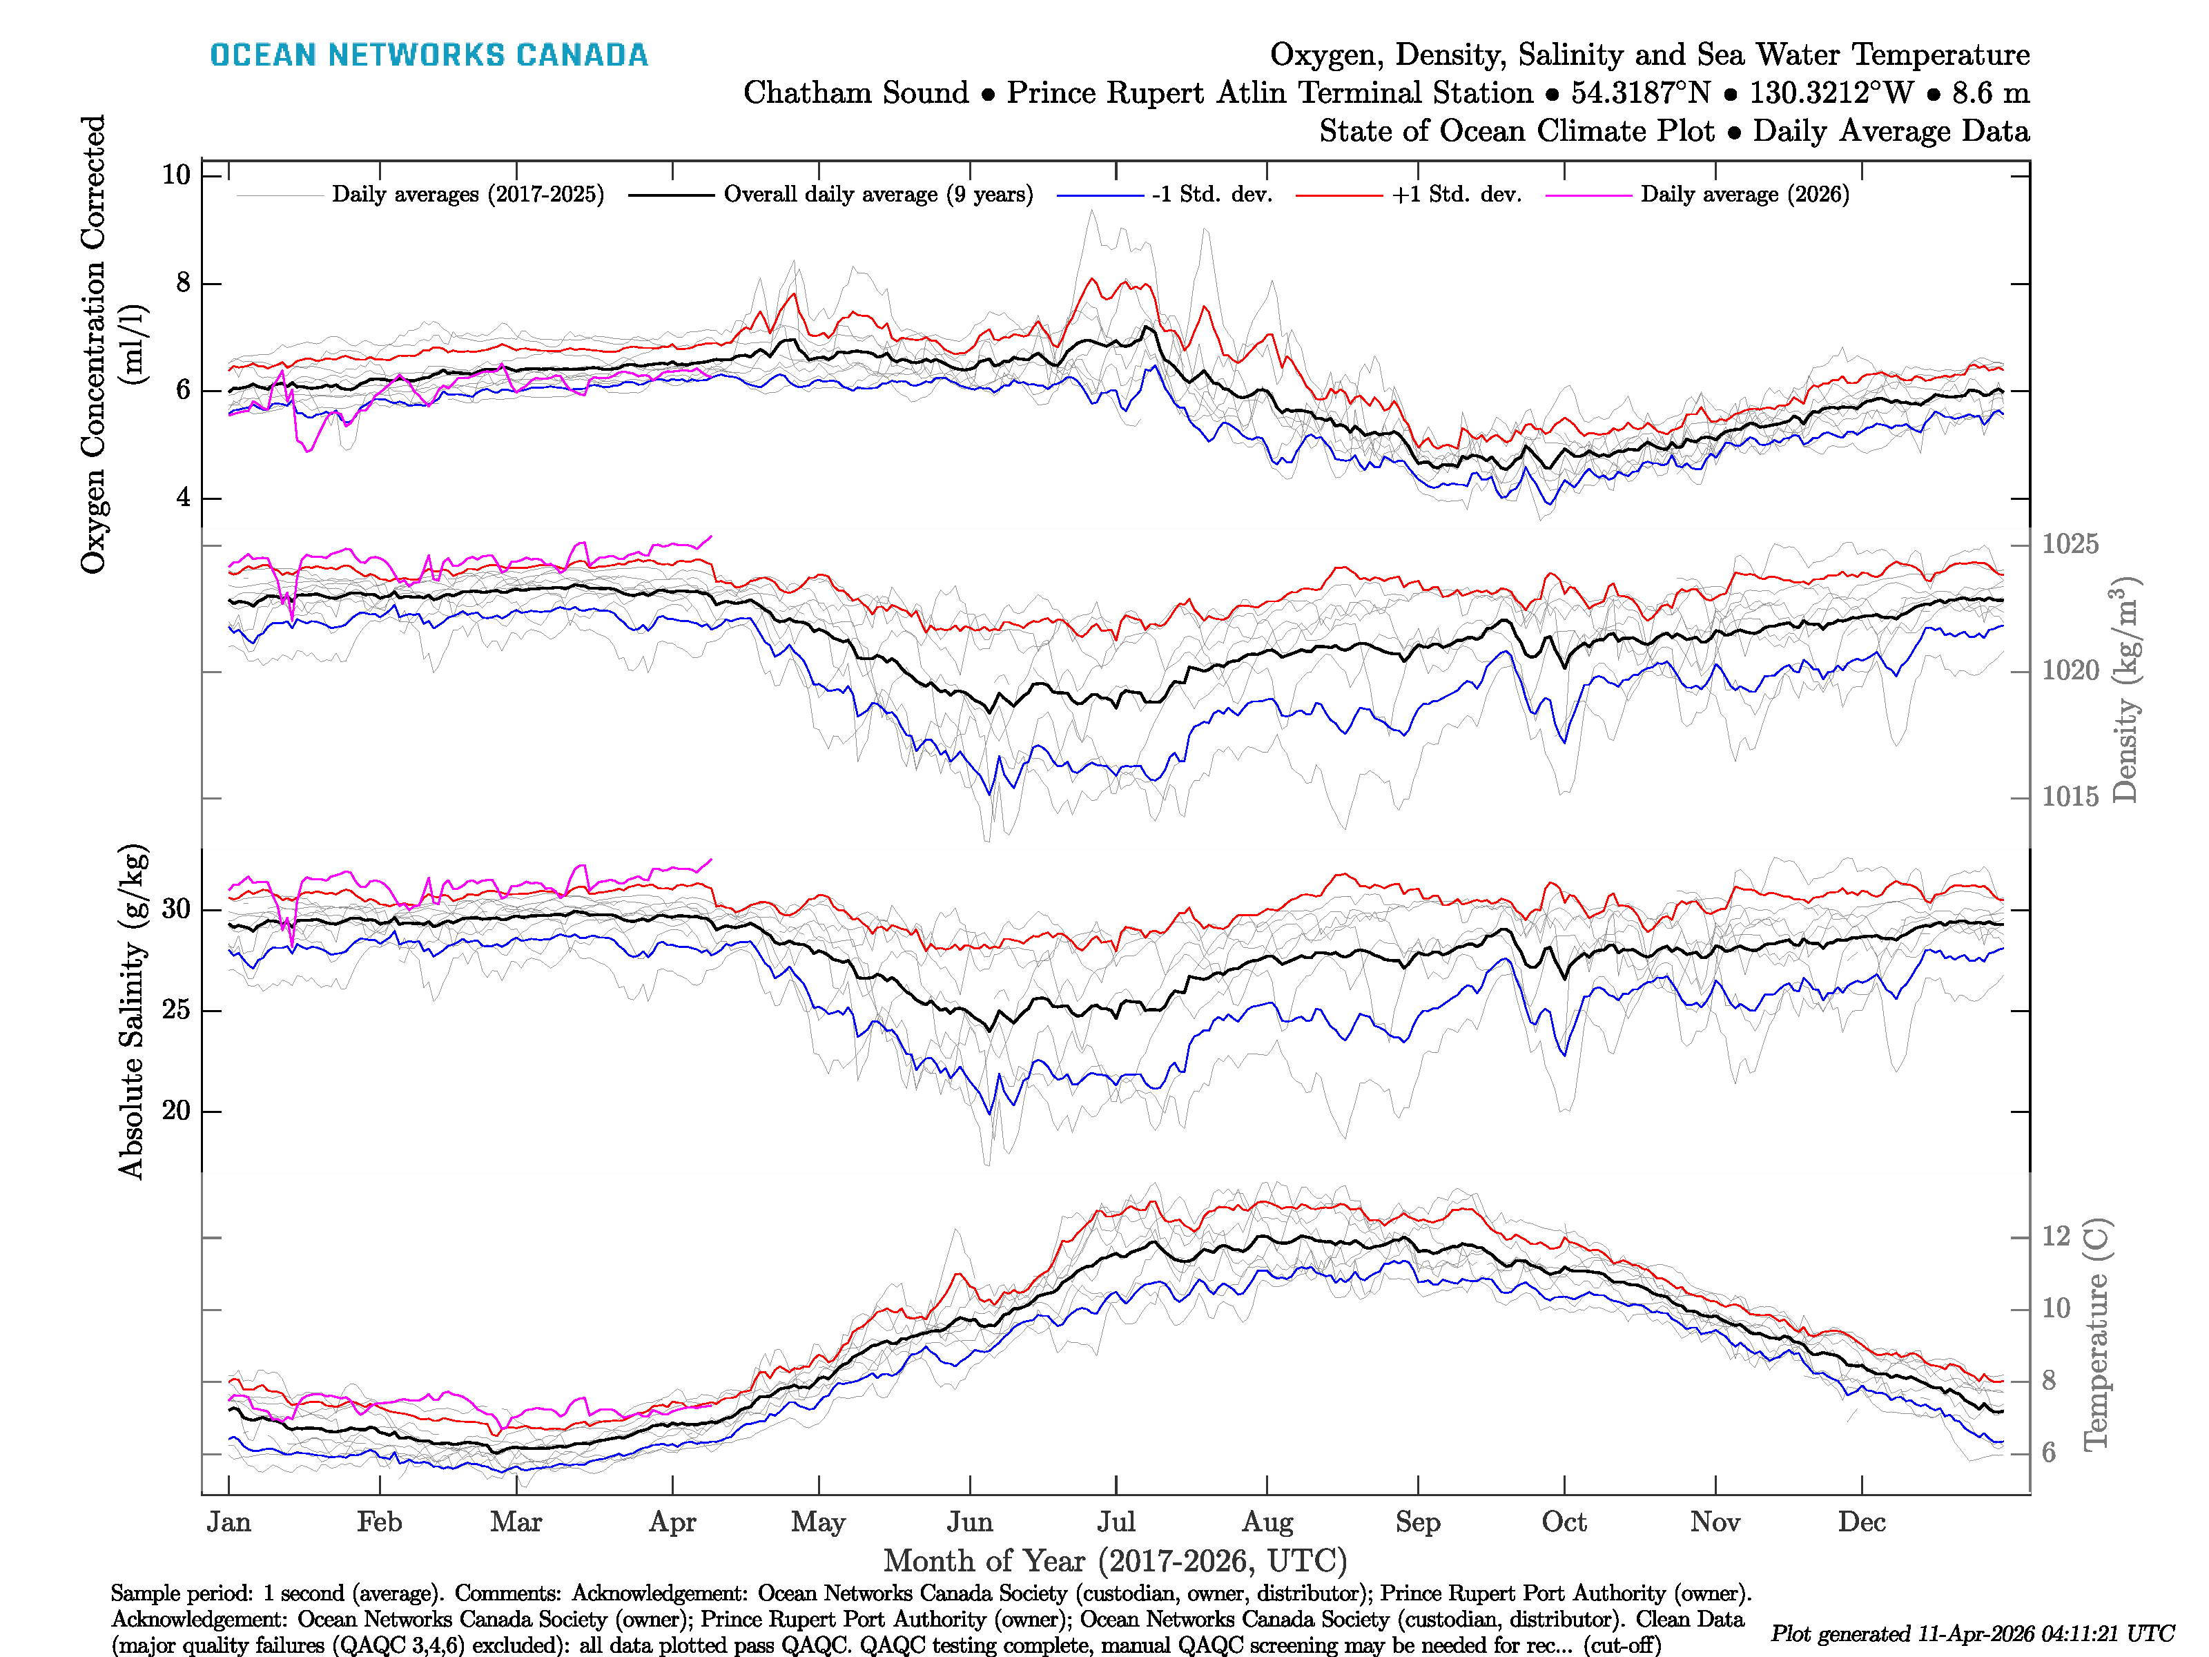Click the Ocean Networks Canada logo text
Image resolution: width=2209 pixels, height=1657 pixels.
[x=429, y=55]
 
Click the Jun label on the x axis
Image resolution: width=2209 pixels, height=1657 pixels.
[x=970, y=1522]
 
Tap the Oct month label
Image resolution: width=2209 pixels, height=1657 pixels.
[x=1563, y=1522]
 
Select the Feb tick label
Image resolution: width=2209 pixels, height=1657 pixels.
[x=380, y=1522]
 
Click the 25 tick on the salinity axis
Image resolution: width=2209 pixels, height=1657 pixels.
[x=176, y=1010]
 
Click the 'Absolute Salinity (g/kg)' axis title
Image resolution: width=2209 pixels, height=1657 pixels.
[x=132, y=1011]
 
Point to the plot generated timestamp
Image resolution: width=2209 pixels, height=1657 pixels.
[x=1972, y=1634]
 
